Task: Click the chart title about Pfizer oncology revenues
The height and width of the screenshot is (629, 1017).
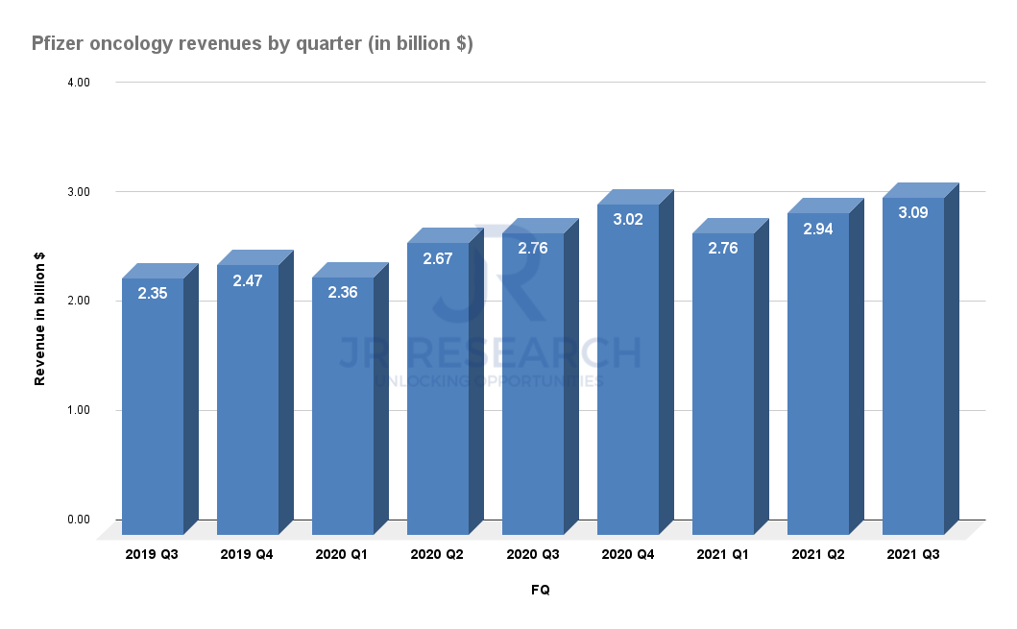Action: click(x=252, y=43)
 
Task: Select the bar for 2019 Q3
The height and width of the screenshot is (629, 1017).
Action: click(x=153, y=403)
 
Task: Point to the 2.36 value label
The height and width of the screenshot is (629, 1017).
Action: click(x=343, y=293)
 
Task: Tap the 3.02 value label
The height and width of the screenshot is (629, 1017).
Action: click(x=628, y=219)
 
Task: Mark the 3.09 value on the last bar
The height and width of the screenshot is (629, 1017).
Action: click(x=913, y=212)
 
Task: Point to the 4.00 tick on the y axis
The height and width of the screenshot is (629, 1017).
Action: click(x=78, y=83)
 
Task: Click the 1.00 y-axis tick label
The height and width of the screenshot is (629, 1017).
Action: click(x=78, y=411)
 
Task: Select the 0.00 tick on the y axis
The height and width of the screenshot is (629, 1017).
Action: click(x=78, y=520)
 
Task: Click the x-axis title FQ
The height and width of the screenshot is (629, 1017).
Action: click(x=541, y=591)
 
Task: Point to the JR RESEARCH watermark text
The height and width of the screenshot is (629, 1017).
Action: click(x=489, y=352)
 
